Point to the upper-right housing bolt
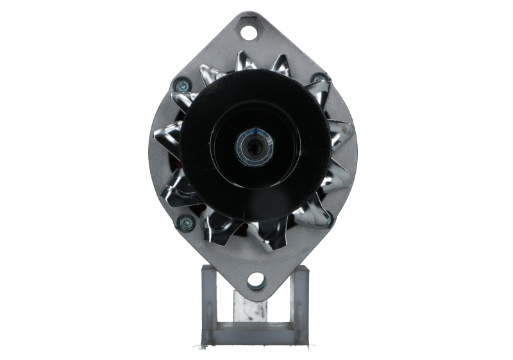pyautogui.click(x=315, y=80)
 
